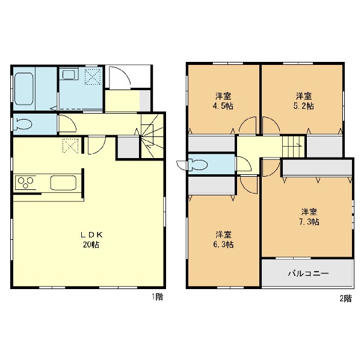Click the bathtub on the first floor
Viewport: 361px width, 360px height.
tap(23, 88)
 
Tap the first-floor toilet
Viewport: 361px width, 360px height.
tap(23, 124)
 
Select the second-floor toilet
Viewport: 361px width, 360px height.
tap(198, 165)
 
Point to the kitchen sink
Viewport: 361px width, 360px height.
tap(63, 183)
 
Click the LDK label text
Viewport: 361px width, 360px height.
tap(91, 234)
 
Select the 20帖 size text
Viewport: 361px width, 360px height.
tap(91, 245)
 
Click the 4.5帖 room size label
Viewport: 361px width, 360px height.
tap(223, 106)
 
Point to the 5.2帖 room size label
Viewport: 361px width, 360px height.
tap(304, 106)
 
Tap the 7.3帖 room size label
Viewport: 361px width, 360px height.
tap(309, 222)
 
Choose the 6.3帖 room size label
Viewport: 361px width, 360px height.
tap(223, 244)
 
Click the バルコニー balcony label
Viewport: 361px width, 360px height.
tap(308, 273)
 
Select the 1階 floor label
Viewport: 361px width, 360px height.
tap(157, 297)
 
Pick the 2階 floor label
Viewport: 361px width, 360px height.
tap(346, 298)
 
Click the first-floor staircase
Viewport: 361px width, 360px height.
tap(152, 136)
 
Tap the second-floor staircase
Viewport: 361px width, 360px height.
tap(294, 146)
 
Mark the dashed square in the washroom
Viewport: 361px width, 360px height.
tap(93, 76)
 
